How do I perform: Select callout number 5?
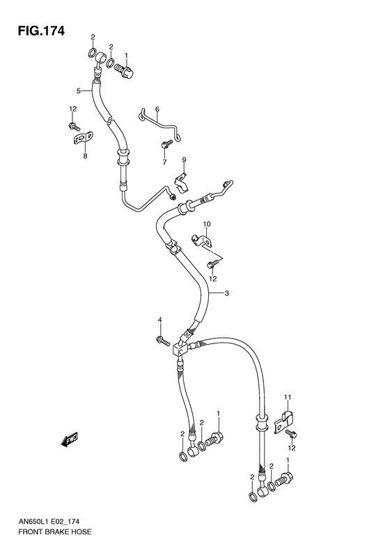coord(79,91)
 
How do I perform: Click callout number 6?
coord(157,109)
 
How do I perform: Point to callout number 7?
coord(164,162)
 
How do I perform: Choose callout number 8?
coord(85,157)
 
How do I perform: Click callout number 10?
coord(206,224)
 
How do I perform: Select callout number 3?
coord(226,293)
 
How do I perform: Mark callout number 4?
coord(159,320)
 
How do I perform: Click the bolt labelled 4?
coord(162,340)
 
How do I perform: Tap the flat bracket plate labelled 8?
coord(84,140)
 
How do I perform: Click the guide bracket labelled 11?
coord(284,420)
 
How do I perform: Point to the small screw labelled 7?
coord(165,145)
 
